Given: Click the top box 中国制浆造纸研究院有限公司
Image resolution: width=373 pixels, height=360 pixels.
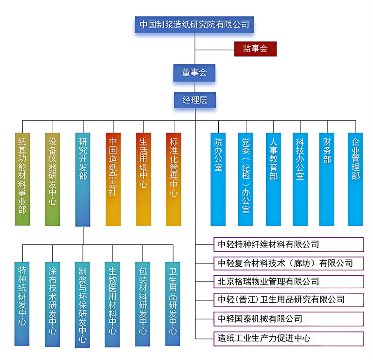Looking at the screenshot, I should click(x=194, y=24).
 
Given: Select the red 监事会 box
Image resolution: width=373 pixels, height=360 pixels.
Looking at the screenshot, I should click(x=255, y=48).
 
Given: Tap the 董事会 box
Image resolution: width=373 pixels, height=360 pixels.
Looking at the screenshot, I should click(x=194, y=72).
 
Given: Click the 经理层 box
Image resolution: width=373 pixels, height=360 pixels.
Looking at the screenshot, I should click(x=194, y=100).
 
